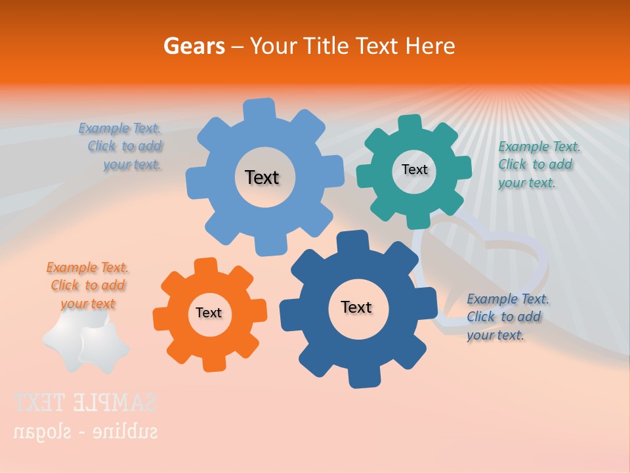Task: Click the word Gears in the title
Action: (194, 46)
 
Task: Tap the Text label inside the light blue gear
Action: (262, 177)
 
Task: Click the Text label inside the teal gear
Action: (414, 169)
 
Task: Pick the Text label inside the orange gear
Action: (209, 313)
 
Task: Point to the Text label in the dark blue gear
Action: (356, 307)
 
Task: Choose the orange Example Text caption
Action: (87, 286)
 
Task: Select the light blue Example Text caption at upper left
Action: (122, 146)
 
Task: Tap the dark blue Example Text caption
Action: (507, 317)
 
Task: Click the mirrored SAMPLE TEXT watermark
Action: (85, 402)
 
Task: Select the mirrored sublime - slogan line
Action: (85, 432)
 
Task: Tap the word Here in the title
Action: (430, 46)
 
